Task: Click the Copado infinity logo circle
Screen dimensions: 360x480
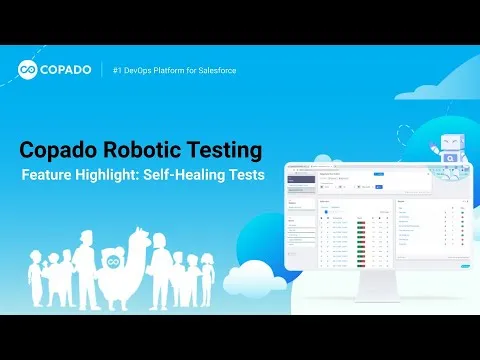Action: [x=30, y=71]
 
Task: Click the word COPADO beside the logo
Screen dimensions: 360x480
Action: [x=67, y=71]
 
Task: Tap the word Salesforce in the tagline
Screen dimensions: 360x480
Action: [x=214, y=71]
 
